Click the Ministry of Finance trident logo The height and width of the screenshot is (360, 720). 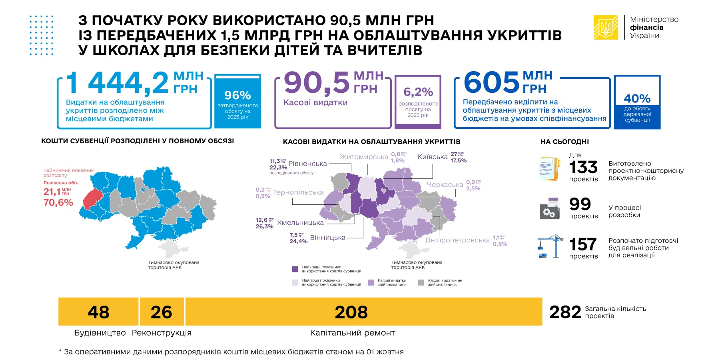(x=606, y=27)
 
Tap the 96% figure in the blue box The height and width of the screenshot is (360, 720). (x=237, y=96)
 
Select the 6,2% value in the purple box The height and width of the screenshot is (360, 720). (x=418, y=92)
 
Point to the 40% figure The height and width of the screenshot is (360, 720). (x=637, y=98)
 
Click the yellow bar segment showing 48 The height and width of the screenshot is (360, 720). (x=98, y=312)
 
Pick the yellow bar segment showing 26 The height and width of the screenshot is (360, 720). (x=162, y=312)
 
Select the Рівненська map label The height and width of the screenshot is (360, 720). (x=307, y=164)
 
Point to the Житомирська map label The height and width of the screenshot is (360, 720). (x=364, y=157)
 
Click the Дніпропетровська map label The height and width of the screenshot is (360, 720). (x=457, y=240)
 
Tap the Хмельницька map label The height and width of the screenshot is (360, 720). (x=300, y=223)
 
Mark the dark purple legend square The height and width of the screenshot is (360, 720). (x=295, y=269)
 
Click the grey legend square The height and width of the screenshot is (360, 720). (x=421, y=282)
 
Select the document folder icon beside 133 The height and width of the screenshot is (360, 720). (x=550, y=168)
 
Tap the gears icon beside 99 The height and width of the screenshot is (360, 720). (x=550, y=208)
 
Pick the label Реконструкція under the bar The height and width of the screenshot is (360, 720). (x=162, y=333)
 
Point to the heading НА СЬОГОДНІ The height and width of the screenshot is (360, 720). (x=564, y=142)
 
